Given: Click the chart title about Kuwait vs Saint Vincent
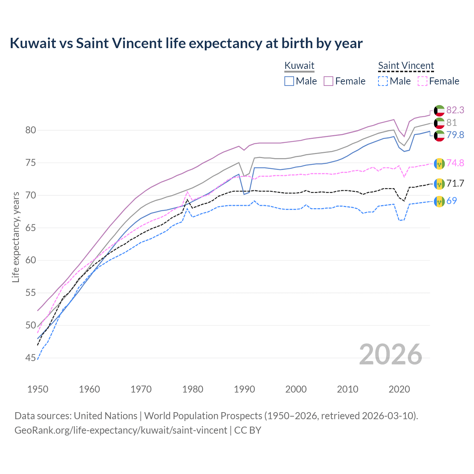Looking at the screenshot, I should (186, 43).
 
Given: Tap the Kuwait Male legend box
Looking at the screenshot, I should (289, 81).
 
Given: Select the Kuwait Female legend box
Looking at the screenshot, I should (329, 81).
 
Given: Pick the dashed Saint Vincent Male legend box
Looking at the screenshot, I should (383, 81).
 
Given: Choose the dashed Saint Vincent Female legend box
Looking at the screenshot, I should (423, 81).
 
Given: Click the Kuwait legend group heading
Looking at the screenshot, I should (299, 66).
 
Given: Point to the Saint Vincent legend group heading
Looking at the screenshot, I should (406, 66).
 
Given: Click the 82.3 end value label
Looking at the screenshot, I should (455, 110).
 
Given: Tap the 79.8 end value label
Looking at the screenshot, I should (455, 135).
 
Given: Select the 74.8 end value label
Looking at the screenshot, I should (455, 163).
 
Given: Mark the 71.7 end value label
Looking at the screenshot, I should (455, 183).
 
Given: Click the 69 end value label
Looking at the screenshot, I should (451, 201).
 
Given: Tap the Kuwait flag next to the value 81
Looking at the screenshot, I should (439, 123).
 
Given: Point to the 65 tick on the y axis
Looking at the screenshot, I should (30, 228).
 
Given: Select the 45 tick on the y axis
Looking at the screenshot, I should (30, 358).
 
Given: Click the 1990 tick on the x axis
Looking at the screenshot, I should (244, 389).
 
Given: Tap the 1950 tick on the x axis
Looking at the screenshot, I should (38, 389).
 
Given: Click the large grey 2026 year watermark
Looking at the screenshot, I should (390, 354).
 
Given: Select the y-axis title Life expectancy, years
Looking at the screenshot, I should (16, 237).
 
